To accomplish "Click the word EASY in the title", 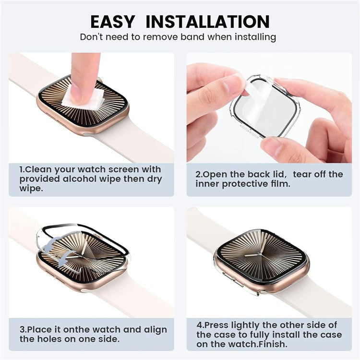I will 113,22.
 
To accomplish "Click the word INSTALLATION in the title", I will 208,22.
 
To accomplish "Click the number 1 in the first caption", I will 22,169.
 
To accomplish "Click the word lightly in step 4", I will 240,325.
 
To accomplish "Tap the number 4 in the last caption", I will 199,325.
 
